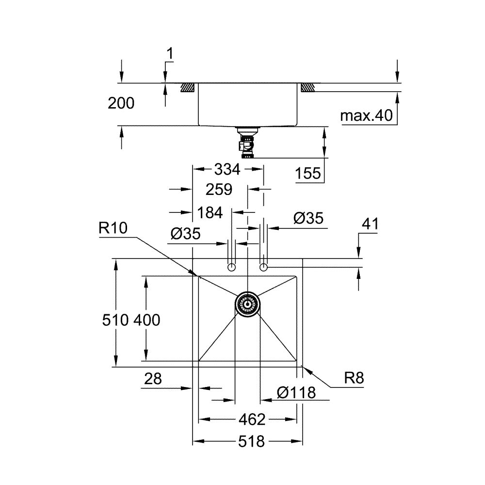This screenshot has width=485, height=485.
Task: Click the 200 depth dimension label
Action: (121, 103)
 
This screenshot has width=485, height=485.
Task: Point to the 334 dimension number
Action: (227, 169)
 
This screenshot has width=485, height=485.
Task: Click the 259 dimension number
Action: (218, 189)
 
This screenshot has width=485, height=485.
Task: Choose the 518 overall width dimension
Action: (251, 441)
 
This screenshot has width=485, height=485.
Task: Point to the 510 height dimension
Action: (115, 320)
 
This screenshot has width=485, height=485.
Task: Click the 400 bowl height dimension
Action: (146, 320)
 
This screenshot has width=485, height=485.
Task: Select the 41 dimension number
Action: (370, 224)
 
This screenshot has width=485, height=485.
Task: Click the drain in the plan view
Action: (247, 304)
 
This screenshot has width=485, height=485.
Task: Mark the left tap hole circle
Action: (232, 267)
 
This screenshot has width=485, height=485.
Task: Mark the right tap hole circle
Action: (263, 267)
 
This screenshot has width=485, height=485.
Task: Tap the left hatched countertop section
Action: (188, 88)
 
